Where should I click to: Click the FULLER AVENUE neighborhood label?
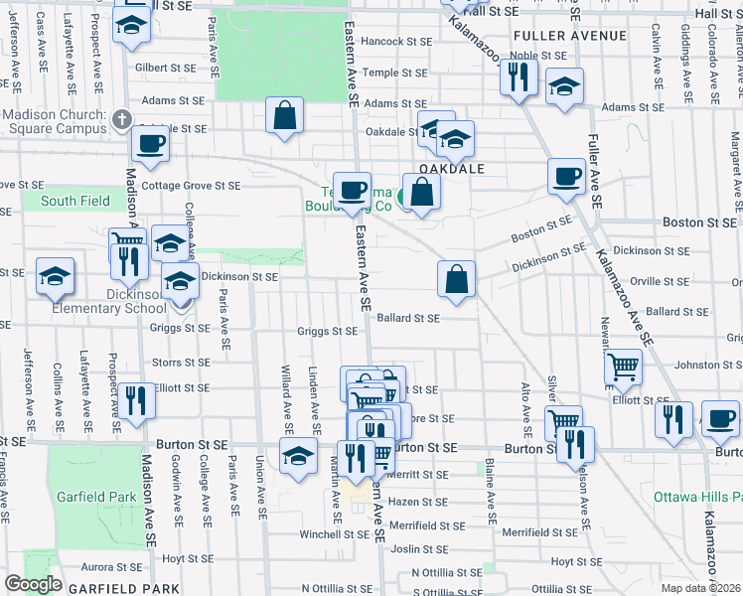(570, 36)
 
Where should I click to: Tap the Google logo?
(33, 584)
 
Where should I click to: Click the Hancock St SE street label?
(396, 42)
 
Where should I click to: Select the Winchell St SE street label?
(308, 534)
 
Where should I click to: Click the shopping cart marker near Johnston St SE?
(623, 368)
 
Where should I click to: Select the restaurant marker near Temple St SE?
(519, 76)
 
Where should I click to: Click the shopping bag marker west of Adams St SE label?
(285, 113)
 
